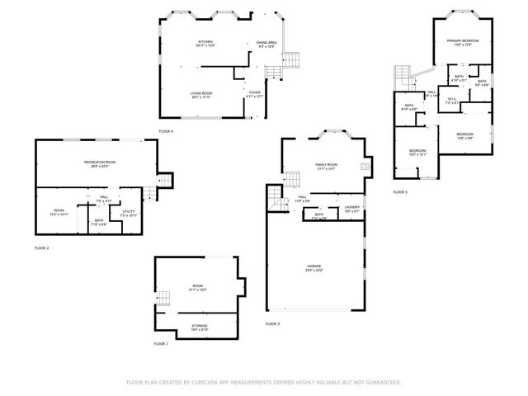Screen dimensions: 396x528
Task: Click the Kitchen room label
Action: (x=205, y=43)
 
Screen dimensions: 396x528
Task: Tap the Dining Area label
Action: (x=266, y=43)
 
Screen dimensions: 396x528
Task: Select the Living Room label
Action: (x=201, y=95)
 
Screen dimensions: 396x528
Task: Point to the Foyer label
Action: (x=255, y=94)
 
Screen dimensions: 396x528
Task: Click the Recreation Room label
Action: (x=99, y=163)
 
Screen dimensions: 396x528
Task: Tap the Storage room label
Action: (x=200, y=327)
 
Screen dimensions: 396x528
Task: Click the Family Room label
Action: (x=327, y=166)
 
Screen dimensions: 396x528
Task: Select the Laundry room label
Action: (x=352, y=208)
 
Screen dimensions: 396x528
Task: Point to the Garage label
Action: (x=315, y=267)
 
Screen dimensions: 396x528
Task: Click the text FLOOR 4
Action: (x=166, y=131)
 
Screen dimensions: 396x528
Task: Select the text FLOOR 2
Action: (x=42, y=247)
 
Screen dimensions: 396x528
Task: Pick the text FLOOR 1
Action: (x=160, y=343)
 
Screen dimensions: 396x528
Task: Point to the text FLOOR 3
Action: (x=272, y=324)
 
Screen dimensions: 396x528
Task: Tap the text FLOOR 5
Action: (x=400, y=192)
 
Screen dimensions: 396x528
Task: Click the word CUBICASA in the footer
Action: (x=207, y=382)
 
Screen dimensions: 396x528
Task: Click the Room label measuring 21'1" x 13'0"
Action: (x=198, y=288)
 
